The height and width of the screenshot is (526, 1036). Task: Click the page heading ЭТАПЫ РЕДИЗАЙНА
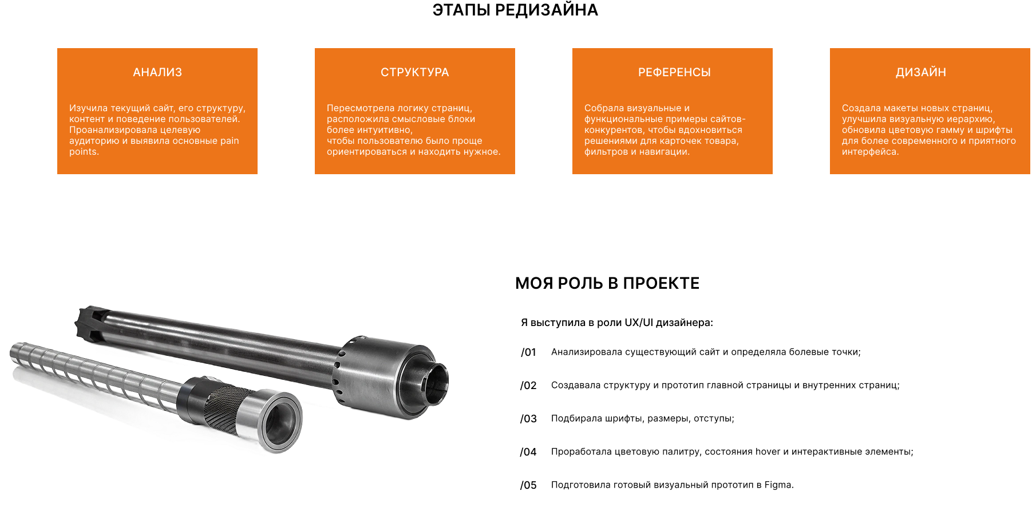click(515, 10)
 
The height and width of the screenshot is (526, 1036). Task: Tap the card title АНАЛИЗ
click(157, 72)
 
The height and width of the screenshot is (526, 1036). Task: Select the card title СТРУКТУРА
click(415, 72)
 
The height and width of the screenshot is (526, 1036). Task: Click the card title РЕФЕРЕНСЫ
click(674, 72)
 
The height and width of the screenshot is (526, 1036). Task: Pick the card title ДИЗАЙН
click(921, 72)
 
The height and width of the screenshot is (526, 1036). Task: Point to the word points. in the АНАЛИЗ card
click(84, 152)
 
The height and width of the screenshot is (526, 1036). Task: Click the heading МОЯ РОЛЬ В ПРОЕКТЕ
click(607, 283)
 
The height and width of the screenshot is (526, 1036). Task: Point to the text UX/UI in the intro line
click(639, 323)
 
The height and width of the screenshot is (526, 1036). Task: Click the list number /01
click(528, 352)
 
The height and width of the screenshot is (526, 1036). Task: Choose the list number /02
click(528, 386)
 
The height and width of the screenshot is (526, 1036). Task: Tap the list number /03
click(528, 419)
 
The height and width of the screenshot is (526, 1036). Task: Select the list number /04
click(528, 452)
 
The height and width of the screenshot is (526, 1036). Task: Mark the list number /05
click(528, 485)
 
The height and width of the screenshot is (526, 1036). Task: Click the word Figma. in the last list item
click(779, 485)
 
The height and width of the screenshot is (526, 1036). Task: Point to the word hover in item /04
click(768, 452)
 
